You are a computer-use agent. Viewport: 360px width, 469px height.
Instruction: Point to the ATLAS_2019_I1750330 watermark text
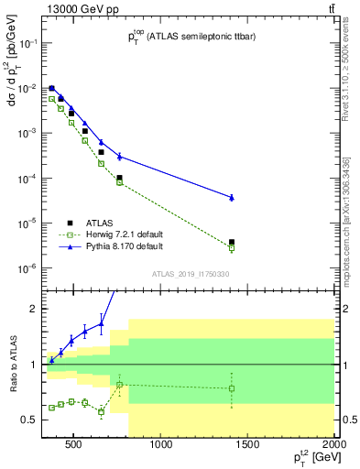(191, 274)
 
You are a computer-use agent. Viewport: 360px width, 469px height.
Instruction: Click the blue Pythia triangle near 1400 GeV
(232, 197)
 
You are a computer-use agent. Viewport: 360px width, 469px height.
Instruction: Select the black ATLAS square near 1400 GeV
(232, 243)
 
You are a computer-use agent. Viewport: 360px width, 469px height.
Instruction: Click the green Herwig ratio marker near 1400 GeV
(232, 388)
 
